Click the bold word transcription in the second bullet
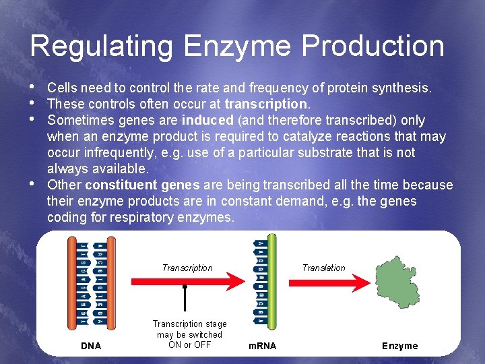coord(266,104)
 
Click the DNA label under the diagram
coord(91,346)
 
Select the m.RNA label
coord(261,346)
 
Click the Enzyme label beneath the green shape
coord(399,346)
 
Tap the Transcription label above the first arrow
coord(187,268)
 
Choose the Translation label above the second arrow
coord(323,268)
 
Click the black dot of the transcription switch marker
coord(185,286)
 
